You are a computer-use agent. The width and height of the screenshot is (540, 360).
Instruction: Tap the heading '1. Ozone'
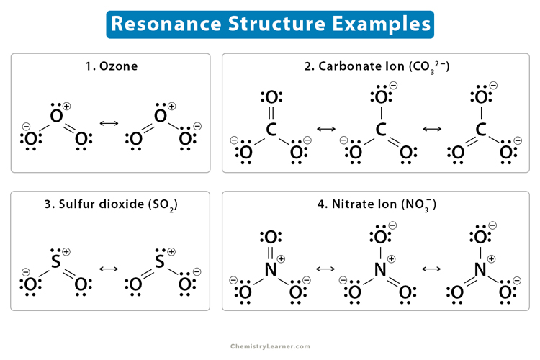click(110, 66)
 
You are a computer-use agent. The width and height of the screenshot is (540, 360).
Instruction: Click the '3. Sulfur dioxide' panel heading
click(110, 204)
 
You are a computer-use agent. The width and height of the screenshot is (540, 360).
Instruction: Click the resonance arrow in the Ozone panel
click(109, 123)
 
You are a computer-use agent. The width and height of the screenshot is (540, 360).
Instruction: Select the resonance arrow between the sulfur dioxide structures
click(109, 269)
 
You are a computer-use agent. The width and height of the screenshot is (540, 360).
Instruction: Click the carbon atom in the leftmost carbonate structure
click(271, 130)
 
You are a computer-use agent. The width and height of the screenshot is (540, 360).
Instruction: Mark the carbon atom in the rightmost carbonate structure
click(482, 130)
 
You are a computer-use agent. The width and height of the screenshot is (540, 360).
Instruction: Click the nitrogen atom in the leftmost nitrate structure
click(271, 269)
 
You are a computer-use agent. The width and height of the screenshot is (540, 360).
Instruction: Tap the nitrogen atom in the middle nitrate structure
click(380, 269)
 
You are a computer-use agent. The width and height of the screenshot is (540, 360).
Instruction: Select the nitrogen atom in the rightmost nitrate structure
click(482, 269)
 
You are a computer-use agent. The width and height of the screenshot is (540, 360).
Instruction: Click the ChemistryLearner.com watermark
click(270, 346)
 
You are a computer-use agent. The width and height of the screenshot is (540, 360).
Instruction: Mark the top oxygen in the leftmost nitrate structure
click(271, 236)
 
